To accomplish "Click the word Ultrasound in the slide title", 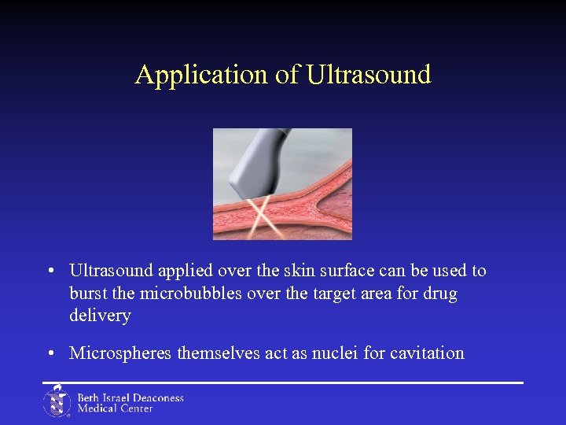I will point(369,75).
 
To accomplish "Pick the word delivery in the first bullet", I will point(100,316).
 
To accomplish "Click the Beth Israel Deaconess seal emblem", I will point(57,401).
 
